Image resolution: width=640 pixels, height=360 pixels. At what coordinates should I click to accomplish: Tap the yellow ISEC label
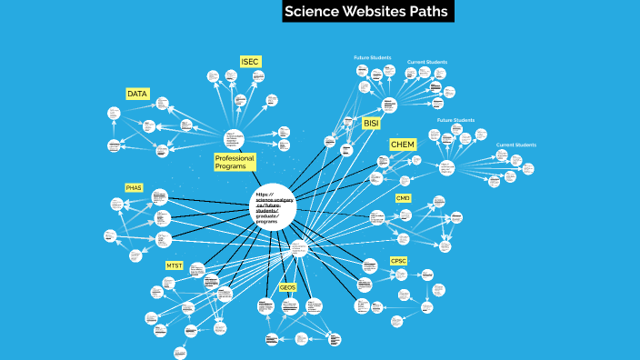click(250, 62)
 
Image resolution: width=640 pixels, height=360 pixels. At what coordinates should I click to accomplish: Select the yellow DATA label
click(137, 94)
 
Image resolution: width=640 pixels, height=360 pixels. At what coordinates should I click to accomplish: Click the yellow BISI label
click(371, 123)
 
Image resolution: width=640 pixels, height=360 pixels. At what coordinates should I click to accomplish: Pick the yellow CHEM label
click(402, 145)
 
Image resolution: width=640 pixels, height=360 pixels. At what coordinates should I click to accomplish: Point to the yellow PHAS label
click(134, 187)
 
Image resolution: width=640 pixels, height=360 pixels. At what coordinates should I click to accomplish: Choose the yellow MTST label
click(174, 265)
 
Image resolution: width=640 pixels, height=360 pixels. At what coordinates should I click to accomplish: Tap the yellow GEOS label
click(287, 287)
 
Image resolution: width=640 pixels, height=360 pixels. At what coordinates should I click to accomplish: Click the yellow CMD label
click(403, 198)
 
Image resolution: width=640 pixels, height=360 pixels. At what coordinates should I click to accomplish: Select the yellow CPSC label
click(398, 261)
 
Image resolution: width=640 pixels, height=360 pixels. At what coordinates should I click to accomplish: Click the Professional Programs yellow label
click(235, 162)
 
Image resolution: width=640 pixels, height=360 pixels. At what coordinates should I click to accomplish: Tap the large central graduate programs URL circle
click(274, 208)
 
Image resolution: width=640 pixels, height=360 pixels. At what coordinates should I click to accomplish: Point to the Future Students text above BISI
click(372, 57)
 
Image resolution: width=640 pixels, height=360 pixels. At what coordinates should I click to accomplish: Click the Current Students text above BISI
click(426, 62)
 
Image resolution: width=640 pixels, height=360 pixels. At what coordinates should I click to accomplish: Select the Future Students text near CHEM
click(455, 120)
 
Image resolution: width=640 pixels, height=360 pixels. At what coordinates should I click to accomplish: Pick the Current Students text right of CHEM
click(515, 145)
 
